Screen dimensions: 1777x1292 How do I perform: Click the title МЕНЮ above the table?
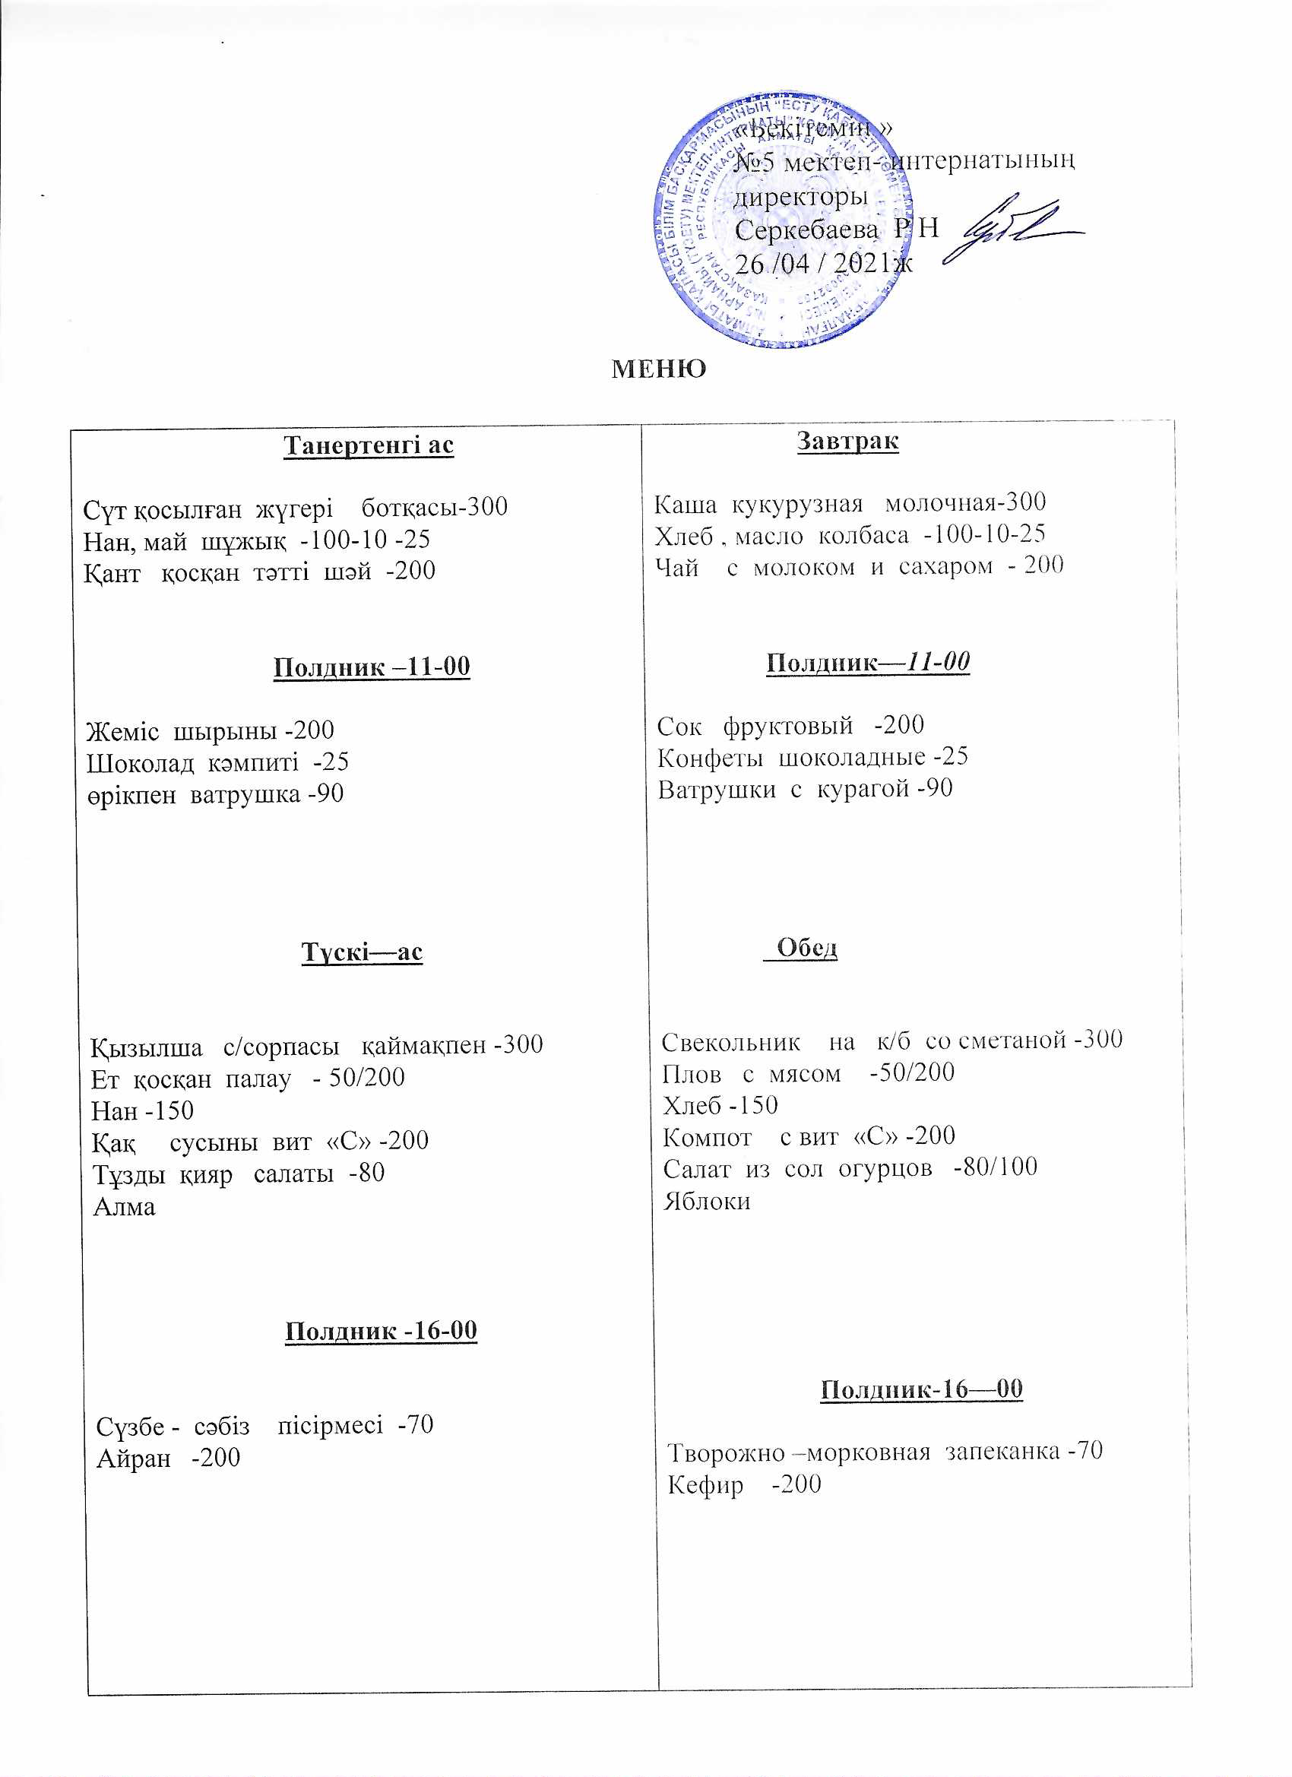[658, 369]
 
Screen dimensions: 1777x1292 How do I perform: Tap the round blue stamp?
[784, 220]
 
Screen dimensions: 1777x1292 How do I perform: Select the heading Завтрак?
[847, 440]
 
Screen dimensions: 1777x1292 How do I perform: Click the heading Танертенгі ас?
[369, 445]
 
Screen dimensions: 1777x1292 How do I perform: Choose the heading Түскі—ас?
[362, 952]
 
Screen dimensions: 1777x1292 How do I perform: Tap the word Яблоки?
[707, 1201]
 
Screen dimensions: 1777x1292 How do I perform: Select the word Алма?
[125, 1207]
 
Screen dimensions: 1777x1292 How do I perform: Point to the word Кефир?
[705, 1484]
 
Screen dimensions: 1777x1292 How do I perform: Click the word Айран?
[133, 1458]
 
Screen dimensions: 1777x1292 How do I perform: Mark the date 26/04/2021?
[822, 263]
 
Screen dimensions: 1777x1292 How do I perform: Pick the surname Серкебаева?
[806, 230]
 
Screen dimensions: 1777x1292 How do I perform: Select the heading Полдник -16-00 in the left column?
[381, 1330]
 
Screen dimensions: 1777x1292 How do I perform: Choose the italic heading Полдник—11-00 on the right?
[867, 663]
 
